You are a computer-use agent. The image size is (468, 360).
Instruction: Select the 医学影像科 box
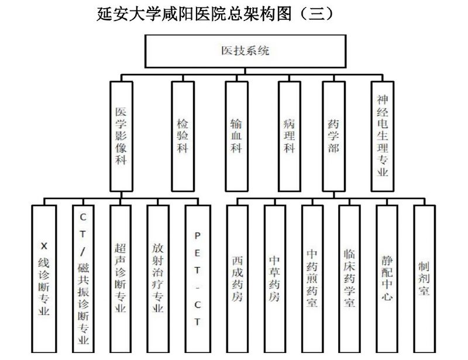tap(121, 136)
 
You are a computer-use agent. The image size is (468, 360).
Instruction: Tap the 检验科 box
tap(183, 136)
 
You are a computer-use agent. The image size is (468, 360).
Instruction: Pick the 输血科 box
tap(236, 136)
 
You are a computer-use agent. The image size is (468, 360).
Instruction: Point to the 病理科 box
tap(289, 136)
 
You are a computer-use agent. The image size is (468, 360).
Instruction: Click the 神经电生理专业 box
tap(383, 136)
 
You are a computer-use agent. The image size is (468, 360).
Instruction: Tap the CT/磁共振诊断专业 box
tap(83, 278)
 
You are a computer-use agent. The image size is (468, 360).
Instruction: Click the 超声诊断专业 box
tap(121, 278)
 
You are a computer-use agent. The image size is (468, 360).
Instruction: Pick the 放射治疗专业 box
tap(158, 278)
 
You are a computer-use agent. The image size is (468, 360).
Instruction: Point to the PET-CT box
tap(197, 278)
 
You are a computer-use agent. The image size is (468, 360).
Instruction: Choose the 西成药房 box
tap(237, 278)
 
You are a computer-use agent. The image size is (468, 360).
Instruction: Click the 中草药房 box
tap(274, 278)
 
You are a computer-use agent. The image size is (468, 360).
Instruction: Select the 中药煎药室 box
tap(312, 278)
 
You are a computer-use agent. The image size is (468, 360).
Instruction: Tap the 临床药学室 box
tap(349, 278)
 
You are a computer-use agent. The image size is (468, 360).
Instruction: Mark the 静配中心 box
tap(387, 278)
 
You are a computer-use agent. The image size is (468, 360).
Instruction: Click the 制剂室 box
tap(424, 278)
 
